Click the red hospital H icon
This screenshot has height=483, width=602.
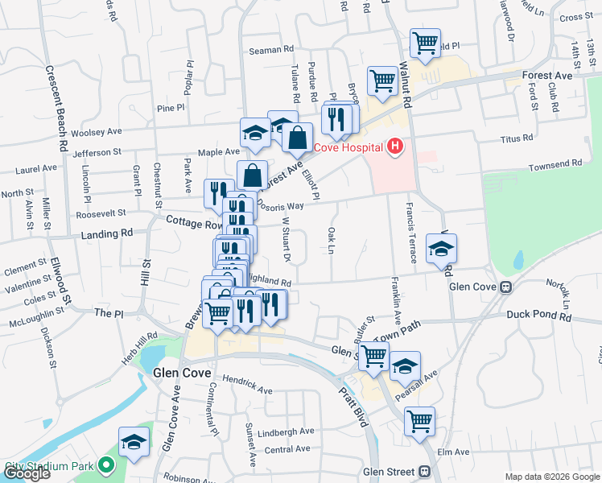(x=394, y=147)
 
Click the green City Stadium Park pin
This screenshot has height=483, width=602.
(x=105, y=466)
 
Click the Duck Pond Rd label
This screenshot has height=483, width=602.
(x=538, y=316)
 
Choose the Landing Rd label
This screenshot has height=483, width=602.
(x=105, y=234)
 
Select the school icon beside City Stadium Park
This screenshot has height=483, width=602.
(x=134, y=441)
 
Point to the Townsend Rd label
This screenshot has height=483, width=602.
(x=555, y=164)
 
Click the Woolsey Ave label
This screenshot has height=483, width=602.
(x=96, y=131)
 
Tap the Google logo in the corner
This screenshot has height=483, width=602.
(x=27, y=473)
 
